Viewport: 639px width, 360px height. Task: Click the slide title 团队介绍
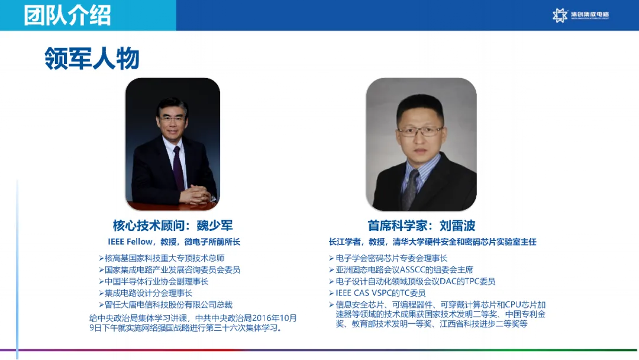[67, 15]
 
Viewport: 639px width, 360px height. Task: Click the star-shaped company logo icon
[560, 15]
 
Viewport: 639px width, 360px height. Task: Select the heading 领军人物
[92, 58]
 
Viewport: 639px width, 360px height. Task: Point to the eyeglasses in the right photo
[419, 131]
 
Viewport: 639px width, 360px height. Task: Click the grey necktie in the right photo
[411, 188]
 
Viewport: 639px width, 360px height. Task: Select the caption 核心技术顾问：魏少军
[173, 226]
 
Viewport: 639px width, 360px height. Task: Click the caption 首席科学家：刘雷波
[421, 226]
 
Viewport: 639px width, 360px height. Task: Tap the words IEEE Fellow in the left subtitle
[130, 242]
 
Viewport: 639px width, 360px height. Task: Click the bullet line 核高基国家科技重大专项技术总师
[162, 258]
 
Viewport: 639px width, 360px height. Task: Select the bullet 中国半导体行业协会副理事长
[154, 281]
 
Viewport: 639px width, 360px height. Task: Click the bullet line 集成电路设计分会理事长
[146, 293]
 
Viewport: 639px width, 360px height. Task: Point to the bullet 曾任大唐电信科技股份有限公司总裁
[166, 304]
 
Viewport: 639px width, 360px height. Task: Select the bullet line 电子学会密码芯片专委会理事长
[388, 258]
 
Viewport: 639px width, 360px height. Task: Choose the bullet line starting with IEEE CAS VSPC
[377, 293]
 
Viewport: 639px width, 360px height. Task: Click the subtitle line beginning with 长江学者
[433, 242]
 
